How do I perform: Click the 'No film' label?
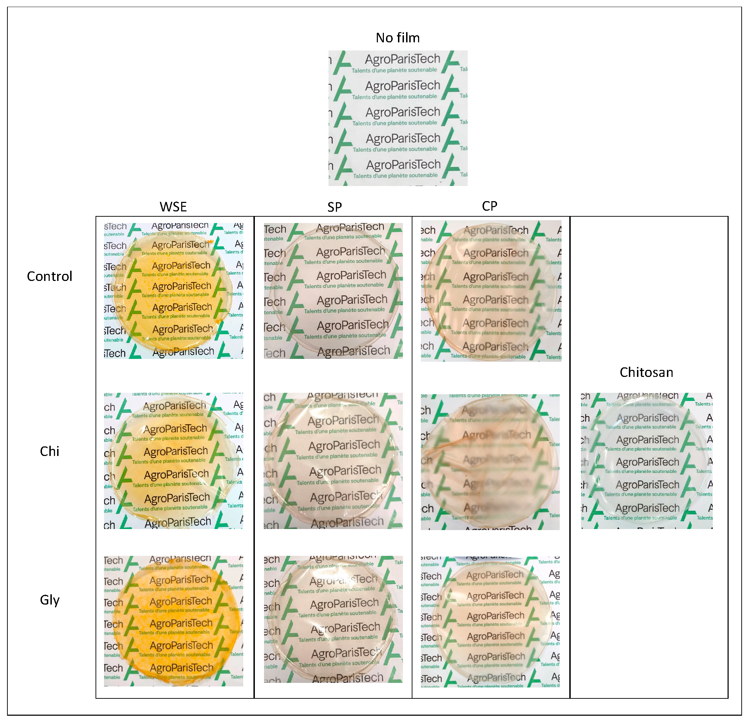[x=398, y=38]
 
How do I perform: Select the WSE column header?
[x=173, y=207]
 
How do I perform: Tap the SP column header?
[x=334, y=207]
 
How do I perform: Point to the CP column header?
[x=489, y=206]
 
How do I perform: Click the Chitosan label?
[x=646, y=372]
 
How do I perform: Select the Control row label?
[x=50, y=276]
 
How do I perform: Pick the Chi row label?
[x=50, y=451]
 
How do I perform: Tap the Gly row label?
[x=50, y=600]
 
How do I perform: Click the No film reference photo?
[x=398, y=118]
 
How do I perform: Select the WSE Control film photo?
[x=173, y=291]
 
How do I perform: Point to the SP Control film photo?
[x=333, y=291]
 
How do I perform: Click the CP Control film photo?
[x=491, y=291]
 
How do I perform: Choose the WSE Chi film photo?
[x=173, y=461]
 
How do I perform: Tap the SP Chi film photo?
[x=333, y=461]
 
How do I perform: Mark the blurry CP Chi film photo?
[x=490, y=462]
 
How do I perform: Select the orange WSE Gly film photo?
[x=173, y=621]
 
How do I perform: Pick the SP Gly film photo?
[x=333, y=619]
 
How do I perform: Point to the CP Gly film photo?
[x=490, y=621]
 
